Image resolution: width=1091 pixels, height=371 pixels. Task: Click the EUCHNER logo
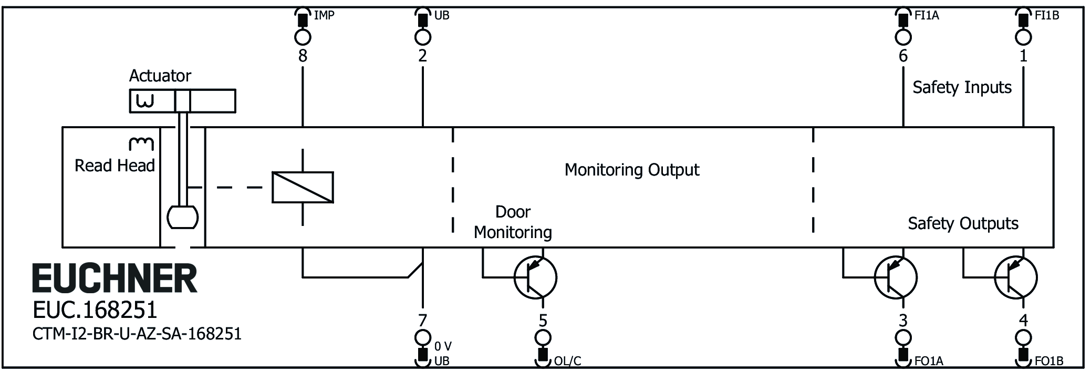pyautogui.click(x=115, y=279)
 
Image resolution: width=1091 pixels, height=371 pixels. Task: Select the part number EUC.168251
pyautogui.click(x=95, y=310)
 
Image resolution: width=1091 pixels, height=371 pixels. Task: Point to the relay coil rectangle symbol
pyautogui.click(x=303, y=187)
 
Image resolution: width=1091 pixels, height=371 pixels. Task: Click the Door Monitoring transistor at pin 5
pyautogui.click(x=535, y=277)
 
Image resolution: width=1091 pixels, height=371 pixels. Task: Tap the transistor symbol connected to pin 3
pyautogui.click(x=896, y=277)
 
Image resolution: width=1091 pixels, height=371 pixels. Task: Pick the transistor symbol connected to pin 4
pyautogui.click(x=1016, y=277)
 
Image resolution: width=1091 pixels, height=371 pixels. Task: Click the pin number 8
pyautogui.click(x=303, y=56)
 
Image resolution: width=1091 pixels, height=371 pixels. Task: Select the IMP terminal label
pyautogui.click(x=324, y=16)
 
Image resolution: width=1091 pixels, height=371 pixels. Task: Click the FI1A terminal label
pyautogui.click(x=927, y=16)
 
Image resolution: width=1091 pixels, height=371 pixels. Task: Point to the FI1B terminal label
pyautogui.click(x=1047, y=16)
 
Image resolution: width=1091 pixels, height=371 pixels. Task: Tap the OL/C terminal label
pyautogui.click(x=567, y=361)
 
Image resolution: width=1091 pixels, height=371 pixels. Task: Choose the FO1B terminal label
pyautogui.click(x=1049, y=361)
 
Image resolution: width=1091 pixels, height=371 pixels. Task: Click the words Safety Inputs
pyautogui.click(x=962, y=87)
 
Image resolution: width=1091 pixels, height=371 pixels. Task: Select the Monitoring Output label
pyautogui.click(x=632, y=170)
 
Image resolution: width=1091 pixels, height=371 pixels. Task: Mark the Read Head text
pyautogui.click(x=115, y=166)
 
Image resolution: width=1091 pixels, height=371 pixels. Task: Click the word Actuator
pyautogui.click(x=160, y=76)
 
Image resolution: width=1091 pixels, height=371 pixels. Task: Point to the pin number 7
pyautogui.click(x=422, y=320)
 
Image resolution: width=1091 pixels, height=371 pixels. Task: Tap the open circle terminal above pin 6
pyautogui.click(x=903, y=37)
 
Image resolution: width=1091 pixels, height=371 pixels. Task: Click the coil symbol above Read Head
pyautogui.click(x=141, y=143)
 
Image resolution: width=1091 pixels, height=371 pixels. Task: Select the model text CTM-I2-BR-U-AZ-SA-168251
pyautogui.click(x=137, y=334)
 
